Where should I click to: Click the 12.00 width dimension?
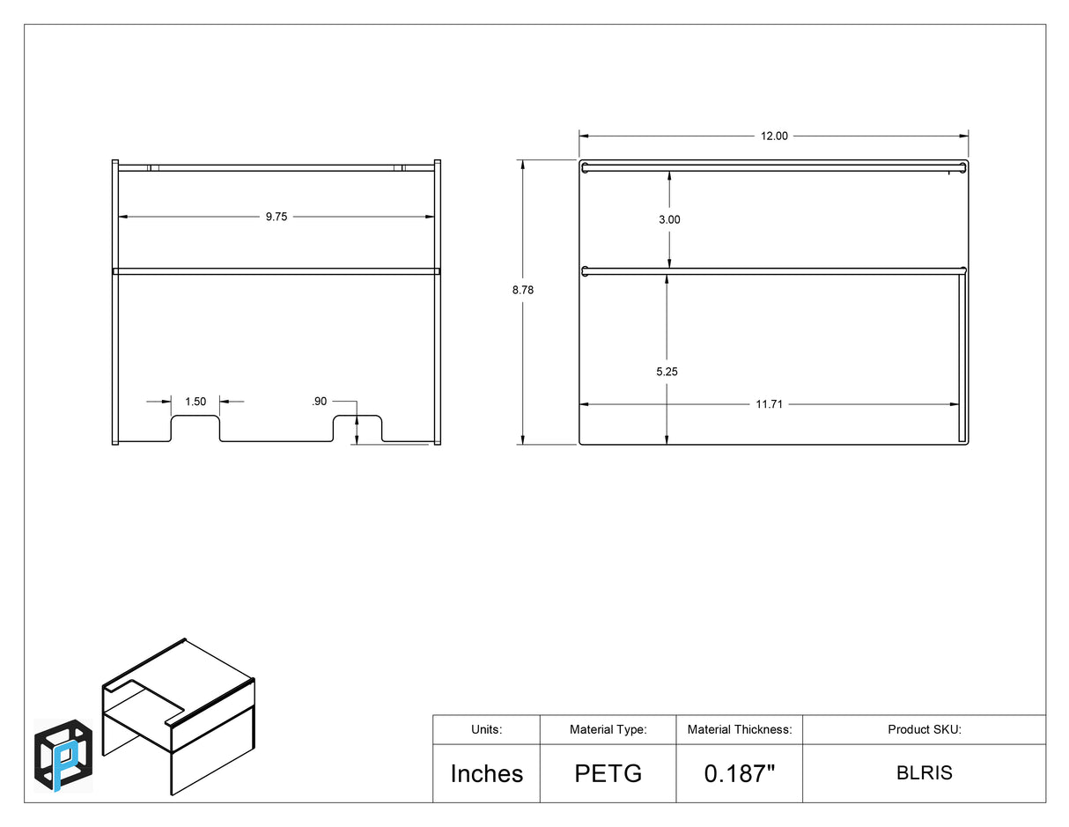click(x=774, y=136)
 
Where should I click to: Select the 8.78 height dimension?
click(x=522, y=290)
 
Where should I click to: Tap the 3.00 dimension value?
click(x=669, y=219)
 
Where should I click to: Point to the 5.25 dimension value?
click(x=667, y=372)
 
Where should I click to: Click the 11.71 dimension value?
click(x=769, y=404)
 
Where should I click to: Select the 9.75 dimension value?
click(x=276, y=217)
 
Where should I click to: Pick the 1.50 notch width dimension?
click(x=195, y=402)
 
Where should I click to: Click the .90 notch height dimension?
click(x=320, y=402)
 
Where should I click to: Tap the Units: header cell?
click(x=487, y=729)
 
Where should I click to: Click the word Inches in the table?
click(x=487, y=773)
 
